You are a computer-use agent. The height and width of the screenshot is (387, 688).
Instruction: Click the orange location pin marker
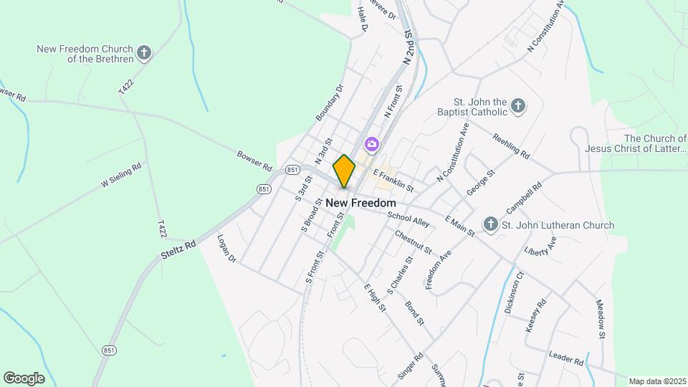pos(344,171)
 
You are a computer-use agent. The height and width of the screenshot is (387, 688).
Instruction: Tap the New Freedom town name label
pos(360,203)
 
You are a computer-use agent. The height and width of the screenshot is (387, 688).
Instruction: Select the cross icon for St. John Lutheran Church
pos(491,225)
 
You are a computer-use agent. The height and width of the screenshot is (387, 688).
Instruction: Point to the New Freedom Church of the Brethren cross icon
pos(145,53)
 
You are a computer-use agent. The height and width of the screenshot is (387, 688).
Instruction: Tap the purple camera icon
pos(371,145)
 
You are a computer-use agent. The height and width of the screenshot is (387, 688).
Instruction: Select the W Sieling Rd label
pos(121,174)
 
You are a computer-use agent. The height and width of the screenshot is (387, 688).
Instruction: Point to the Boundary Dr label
pos(330,102)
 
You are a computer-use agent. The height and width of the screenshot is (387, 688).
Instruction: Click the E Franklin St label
pos(393,178)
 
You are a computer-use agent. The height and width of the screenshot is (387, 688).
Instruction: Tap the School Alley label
pos(408,219)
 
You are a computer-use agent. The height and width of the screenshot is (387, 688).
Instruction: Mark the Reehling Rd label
pos(511,145)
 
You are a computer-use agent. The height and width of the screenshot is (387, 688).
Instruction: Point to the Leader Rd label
pos(567,358)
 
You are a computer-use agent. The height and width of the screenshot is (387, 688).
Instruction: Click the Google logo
pos(24,378)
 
